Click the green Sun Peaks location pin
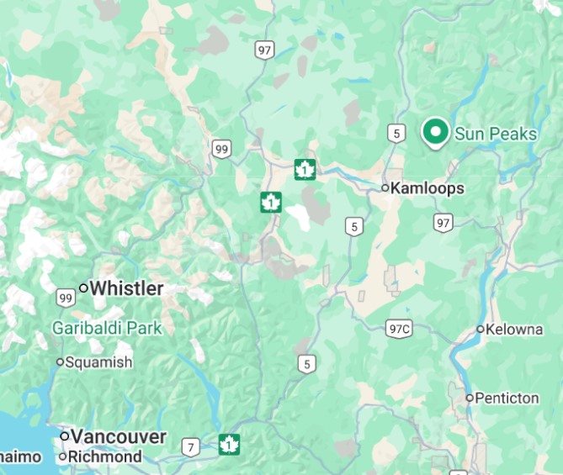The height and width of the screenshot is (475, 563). [x=434, y=132]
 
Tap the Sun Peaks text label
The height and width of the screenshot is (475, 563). [x=496, y=134]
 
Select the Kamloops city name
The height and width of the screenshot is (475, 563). [x=428, y=188]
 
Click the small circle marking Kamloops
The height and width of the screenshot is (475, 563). [x=385, y=188]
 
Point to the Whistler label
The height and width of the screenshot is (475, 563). [x=126, y=288]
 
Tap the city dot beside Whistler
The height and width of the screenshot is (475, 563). [x=83, y=288]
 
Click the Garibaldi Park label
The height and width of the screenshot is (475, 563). [x=107, y=328]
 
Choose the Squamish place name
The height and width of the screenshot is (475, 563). [x=99, y=362]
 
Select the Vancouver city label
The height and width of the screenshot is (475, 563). [x=119, y=436]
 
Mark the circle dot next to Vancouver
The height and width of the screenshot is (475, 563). [x=64, y=436]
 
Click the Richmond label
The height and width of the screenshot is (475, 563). [x=105, y=457]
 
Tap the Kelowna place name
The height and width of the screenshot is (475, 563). [x=516, y=329]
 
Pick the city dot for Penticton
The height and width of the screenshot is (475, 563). [x=470, y=398]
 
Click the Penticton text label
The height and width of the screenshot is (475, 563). [x=507, y=398]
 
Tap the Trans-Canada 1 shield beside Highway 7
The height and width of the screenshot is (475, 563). [x=229, y=444]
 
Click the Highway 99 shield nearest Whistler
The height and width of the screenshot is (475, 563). [x=66, y=297]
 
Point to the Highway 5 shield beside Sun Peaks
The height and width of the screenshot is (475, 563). [x=396, y=132]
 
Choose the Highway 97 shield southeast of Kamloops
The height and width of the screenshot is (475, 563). [x=443, y=222]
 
